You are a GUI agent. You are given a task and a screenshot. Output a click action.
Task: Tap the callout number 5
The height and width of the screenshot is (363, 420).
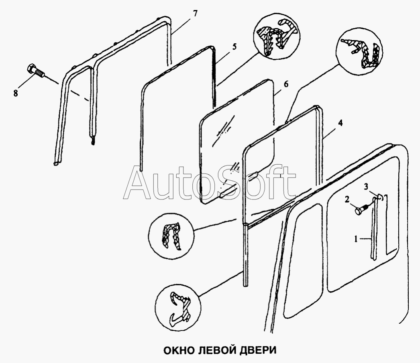pyautogui.click(x=234, y=47)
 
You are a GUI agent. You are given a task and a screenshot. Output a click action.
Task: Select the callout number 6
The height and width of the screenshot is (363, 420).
pyautogui.click(x=286, y=84)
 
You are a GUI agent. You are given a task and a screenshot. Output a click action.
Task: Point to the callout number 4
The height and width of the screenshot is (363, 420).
pyautogui.click(x=340, y=123)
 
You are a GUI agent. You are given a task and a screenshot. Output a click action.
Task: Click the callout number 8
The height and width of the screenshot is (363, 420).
pyautogui.click(x=16, y=93)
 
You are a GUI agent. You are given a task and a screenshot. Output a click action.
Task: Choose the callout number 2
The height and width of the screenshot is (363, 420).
pyautogui.click(x=347, y=200)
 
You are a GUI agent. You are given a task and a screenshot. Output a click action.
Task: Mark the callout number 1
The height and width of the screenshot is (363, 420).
pyautogui.click(x=356, y=239)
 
